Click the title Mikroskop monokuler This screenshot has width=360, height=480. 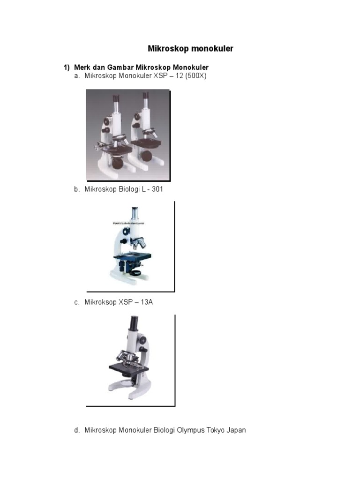pyautogui.click(x=190, y=49)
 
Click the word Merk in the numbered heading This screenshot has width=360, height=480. pyautogui.click(x=82, y=67)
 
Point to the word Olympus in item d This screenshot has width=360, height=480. pyautogui.click(x=190, y=430)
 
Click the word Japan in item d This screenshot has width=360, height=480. pyautogui.click(x=236, y=430)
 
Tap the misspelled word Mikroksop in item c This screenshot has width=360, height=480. pyautogui.click(x=100, y=302)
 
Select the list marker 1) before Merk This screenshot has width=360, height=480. pyautogui.click(x=67, y=67)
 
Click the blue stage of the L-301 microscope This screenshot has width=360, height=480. pyautogui.click(x=133, y=255)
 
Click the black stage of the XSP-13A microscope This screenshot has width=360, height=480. pyautogui.click(x=129, y=367)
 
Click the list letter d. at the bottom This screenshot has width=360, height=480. pyautogui.click(x=77, y=430)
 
